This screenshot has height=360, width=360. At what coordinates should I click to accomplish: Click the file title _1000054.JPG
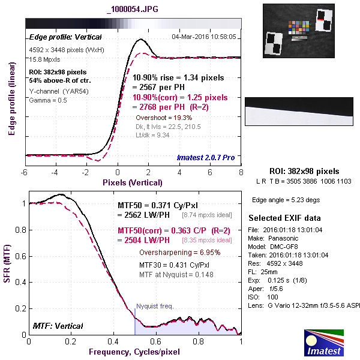coord(133,9)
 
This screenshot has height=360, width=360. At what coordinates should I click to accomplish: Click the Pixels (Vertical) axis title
coord(132,182)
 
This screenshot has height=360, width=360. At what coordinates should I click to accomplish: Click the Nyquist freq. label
coord(155,306)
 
